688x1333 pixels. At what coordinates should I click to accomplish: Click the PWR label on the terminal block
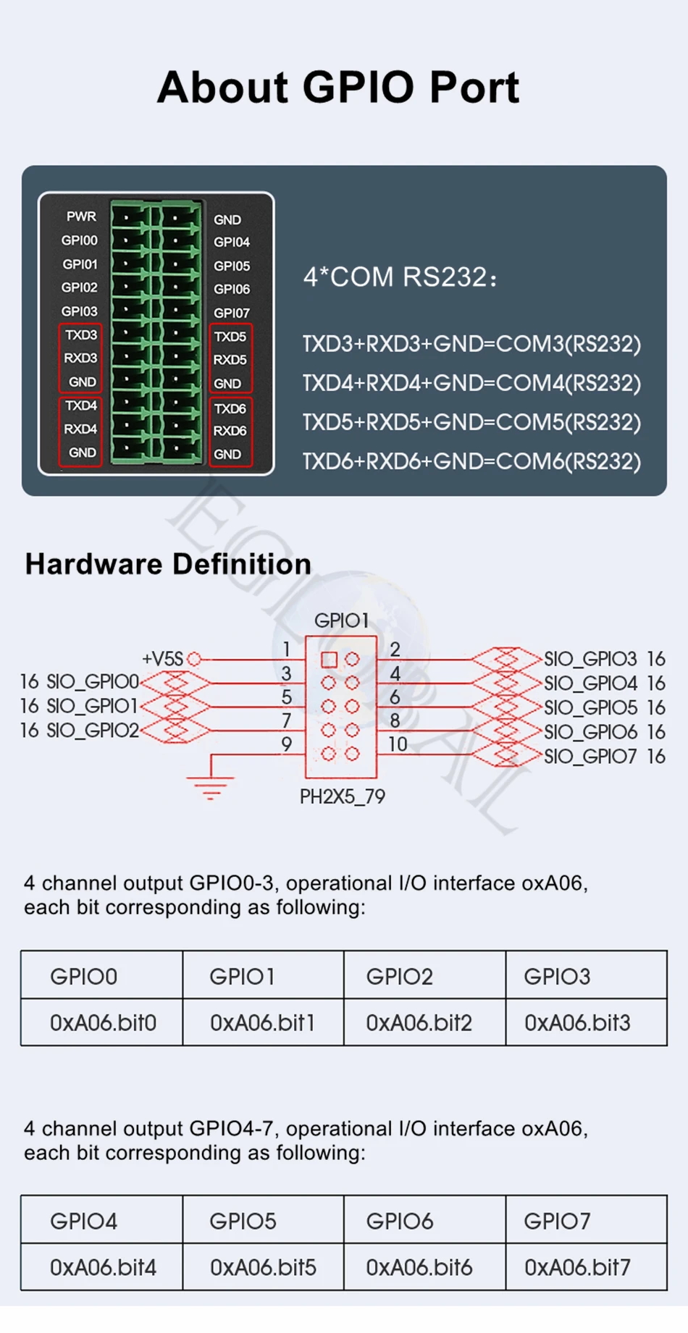click(81, 216)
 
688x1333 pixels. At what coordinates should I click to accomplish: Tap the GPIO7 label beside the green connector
click(231, 313)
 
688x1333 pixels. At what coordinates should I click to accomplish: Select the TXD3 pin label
click(80, 335)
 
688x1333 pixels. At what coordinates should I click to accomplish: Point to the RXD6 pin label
click(230, 431)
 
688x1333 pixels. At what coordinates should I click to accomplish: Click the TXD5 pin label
click(230, 337)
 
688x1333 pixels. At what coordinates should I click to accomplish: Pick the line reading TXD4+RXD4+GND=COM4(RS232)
click(471, 383)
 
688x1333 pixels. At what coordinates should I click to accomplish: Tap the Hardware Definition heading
click(168, 564)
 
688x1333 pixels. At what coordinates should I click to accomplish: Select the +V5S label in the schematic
click(162, 659)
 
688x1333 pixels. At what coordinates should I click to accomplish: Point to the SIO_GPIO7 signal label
click(590, 757)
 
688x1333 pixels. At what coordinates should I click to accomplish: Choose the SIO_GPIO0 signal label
click(92, 682)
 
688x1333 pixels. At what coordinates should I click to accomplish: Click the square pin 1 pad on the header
click(329, 660)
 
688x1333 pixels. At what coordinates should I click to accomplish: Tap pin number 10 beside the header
click(398, 744)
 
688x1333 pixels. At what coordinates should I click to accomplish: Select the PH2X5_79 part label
click(343, 796)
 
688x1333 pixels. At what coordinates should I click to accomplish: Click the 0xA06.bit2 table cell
click(419, 1023)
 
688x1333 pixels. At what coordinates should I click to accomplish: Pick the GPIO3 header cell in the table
click(557, 977)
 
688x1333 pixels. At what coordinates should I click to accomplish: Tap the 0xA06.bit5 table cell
click(263, 1268)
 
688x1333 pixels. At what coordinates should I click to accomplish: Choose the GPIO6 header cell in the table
click(400, 1221)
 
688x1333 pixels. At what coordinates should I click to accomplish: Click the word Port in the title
click(474, 88)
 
